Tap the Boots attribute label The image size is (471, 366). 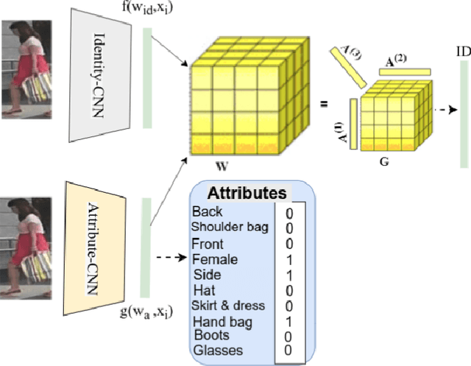click(x=211, y=335)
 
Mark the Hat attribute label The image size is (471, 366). click(x=204, y=290)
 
